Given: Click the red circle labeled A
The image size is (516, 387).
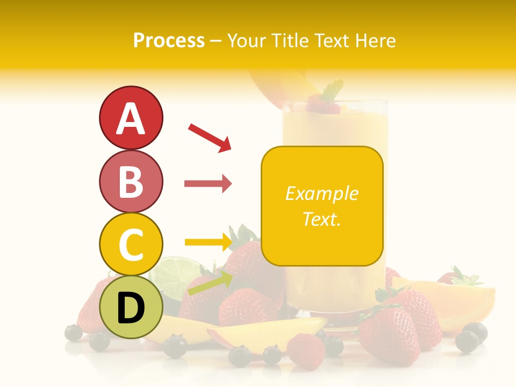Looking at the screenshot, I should tap(131, 118).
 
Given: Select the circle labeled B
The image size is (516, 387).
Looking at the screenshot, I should tap(131, 181).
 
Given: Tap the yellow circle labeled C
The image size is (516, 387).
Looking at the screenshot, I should tap(131, 244).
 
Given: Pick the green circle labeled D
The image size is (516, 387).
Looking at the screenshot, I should tap(131, 307).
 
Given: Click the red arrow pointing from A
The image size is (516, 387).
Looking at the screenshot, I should tap(210, 137).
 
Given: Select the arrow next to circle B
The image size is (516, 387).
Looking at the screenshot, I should tap(208, 184).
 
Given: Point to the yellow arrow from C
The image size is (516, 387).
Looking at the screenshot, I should tap(208, 242).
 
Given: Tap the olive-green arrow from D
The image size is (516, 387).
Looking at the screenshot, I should tap(210, 284).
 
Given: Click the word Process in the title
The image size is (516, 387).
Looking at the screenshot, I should tap(169, 40).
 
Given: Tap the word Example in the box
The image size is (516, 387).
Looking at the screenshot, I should tap(321, 193).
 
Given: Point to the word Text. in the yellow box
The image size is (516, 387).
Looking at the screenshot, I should tap(321, 219).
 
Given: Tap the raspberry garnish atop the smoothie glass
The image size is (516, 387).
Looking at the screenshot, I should tap(323, 106).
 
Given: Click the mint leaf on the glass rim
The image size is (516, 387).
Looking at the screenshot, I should tap(333, 89).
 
